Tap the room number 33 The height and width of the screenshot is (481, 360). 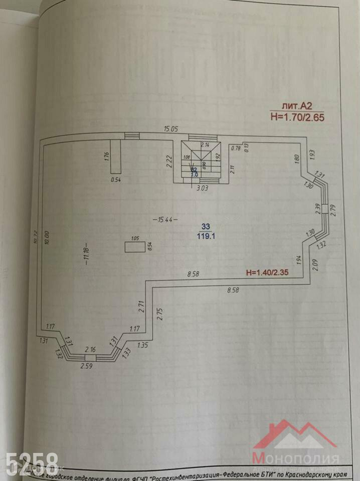tap(206, 226)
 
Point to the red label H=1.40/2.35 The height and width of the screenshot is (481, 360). tap(270, 273)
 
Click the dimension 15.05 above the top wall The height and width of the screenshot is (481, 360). tap(170, 129)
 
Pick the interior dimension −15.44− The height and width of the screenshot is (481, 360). tap(165, 220)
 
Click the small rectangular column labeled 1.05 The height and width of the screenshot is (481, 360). tap(134, 247)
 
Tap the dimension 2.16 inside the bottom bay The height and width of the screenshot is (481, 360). tap(91, 349)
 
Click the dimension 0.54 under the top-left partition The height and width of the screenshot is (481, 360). tap(117, 179)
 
